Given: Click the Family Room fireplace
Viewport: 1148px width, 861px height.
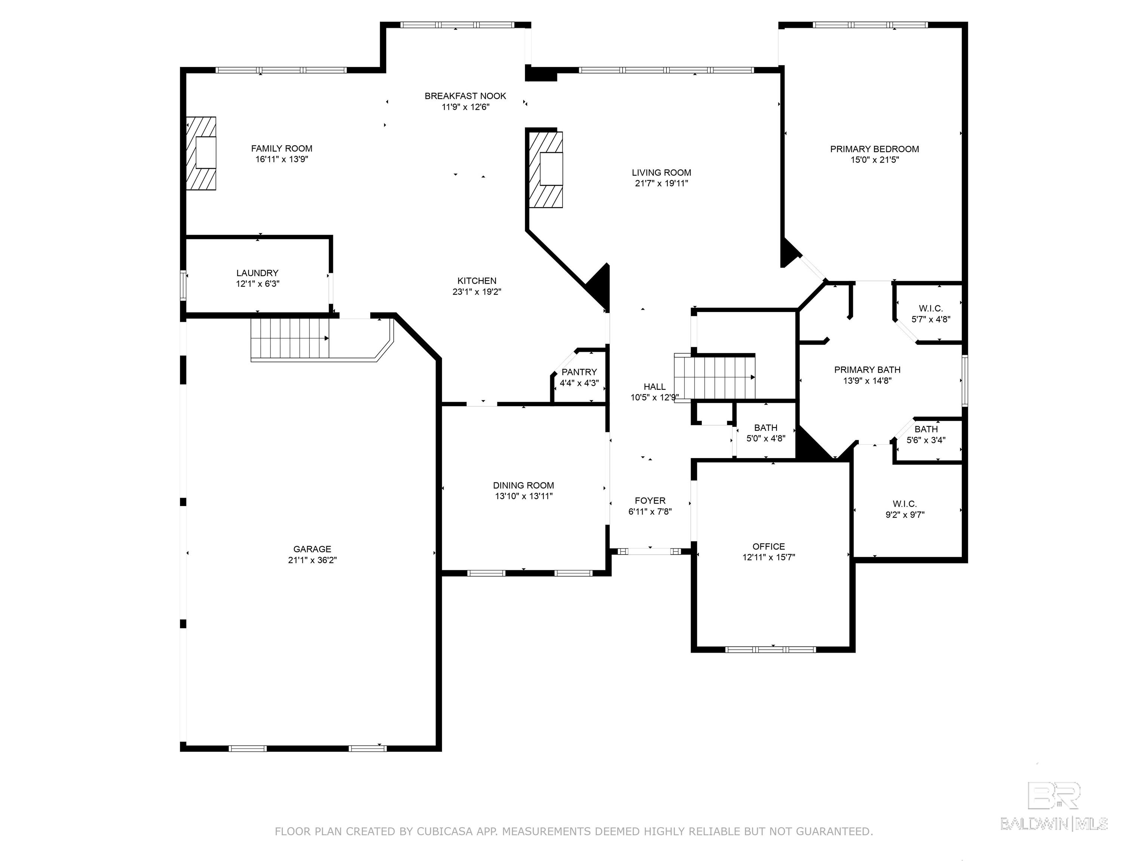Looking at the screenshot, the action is [201, 153].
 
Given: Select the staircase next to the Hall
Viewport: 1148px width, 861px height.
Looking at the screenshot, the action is [715, 376].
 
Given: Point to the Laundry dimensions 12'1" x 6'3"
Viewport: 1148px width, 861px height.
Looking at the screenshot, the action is [258, 284].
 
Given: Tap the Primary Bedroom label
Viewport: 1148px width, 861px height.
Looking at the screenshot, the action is [874, 149].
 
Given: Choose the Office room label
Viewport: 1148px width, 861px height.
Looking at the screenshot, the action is [769, 546].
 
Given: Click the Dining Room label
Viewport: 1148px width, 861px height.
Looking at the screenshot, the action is [524, 485].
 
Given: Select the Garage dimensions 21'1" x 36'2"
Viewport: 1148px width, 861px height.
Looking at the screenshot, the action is [312, 560].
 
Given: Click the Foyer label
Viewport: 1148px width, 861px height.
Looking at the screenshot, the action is [650, 501].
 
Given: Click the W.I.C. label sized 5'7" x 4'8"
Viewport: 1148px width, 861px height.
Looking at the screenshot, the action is [931, 309].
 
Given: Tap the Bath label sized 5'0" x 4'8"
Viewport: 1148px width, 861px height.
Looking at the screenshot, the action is [766, 428].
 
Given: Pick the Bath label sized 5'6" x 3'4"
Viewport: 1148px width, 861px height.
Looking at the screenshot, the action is [926, 429].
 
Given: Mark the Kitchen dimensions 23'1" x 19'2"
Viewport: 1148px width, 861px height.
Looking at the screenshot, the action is [477, 291].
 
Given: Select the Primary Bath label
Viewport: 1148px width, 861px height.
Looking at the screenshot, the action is [867, 370].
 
